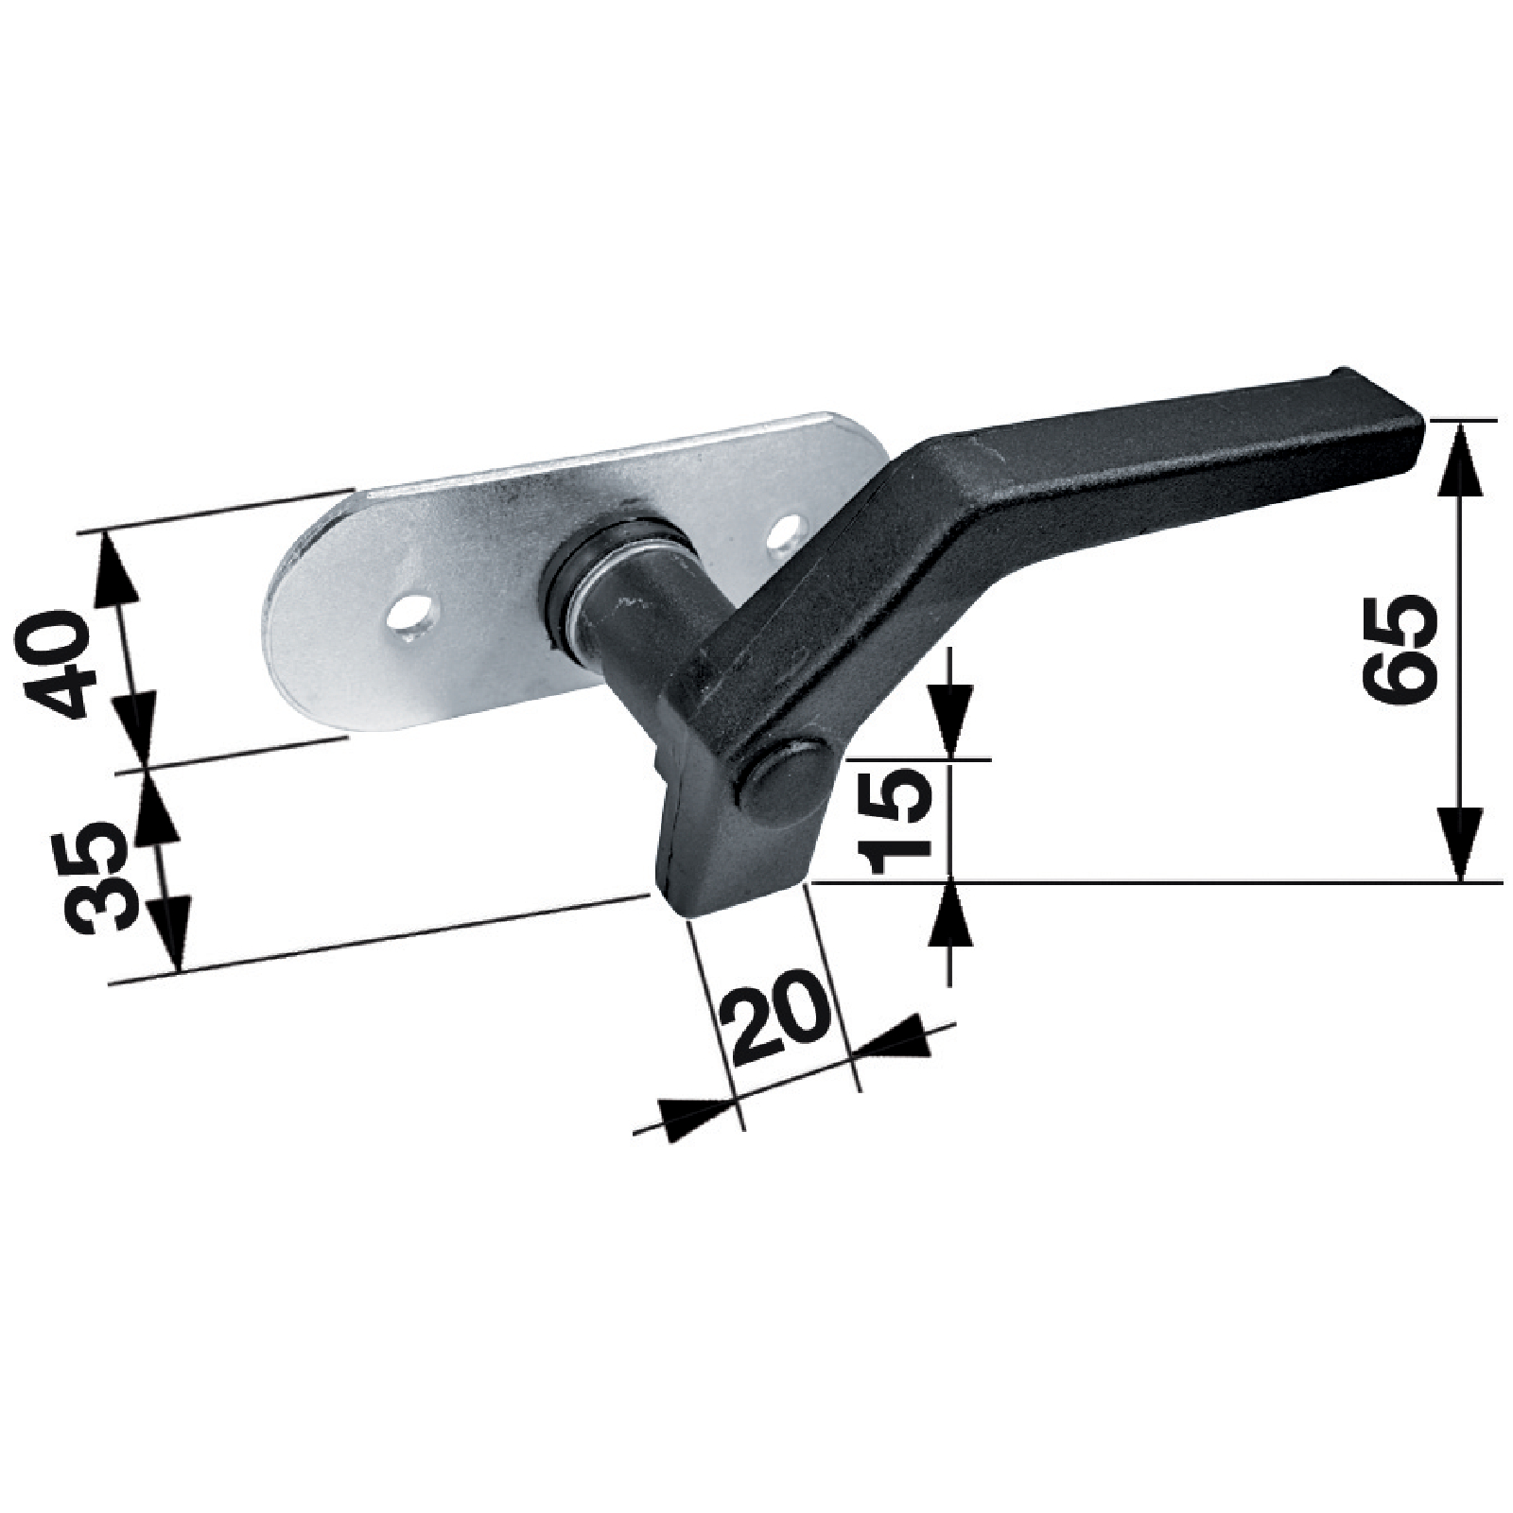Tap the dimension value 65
click(x=1400, y=649)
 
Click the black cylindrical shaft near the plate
click(x=643, y=605)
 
